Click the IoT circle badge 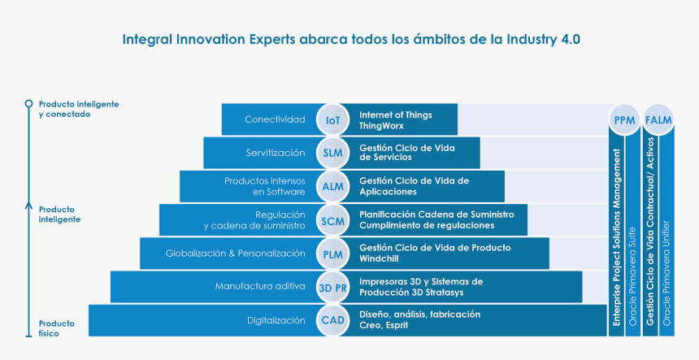332,119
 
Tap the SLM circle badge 332,153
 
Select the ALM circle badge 332,186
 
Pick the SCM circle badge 332,220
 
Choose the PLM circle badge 332,254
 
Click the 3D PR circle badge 332,288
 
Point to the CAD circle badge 332,320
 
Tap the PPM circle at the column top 624,119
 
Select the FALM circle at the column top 658,119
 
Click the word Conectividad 275,119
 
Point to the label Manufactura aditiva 260,286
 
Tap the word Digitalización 276,320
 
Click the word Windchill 379,259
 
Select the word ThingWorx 381,126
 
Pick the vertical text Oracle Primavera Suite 632,276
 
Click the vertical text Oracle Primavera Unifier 666,273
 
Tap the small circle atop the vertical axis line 28,104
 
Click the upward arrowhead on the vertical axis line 28,206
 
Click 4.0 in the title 569,39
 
